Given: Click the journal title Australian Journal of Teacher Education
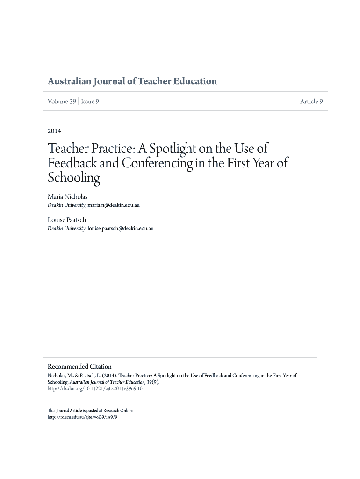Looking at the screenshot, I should pos(132,81).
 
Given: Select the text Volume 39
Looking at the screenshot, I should pos(62,102).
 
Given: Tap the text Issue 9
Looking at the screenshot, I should pos(90,102).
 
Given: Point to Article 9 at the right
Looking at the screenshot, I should pos(311,102).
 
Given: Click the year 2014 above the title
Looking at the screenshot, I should pos(54,131).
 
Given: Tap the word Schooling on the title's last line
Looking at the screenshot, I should pos(74,178).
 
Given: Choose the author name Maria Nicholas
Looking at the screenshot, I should pos(67,197).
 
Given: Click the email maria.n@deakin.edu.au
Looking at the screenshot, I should pos(114,205).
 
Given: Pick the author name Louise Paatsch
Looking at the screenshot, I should pos(67,220).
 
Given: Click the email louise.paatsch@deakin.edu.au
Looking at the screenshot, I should pos(121,228).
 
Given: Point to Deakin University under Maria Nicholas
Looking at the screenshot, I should pos(66,205).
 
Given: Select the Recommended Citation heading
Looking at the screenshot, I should pos(80,366).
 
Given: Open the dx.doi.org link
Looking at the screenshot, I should pos(95,388).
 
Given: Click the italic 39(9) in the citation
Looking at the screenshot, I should pos(152,382).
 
